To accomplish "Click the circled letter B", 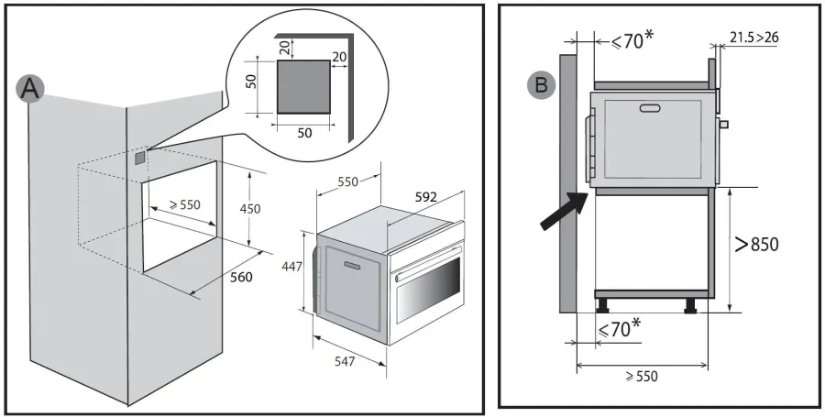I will tap(541, 84).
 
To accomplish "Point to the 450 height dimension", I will tap(250, 208).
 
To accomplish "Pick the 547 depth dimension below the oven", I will tap(344, 362).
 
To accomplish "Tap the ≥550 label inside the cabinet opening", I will tap(175, 207).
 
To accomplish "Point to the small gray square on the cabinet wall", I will tap(139, 158).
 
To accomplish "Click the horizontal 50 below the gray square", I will tap(304, 132).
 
